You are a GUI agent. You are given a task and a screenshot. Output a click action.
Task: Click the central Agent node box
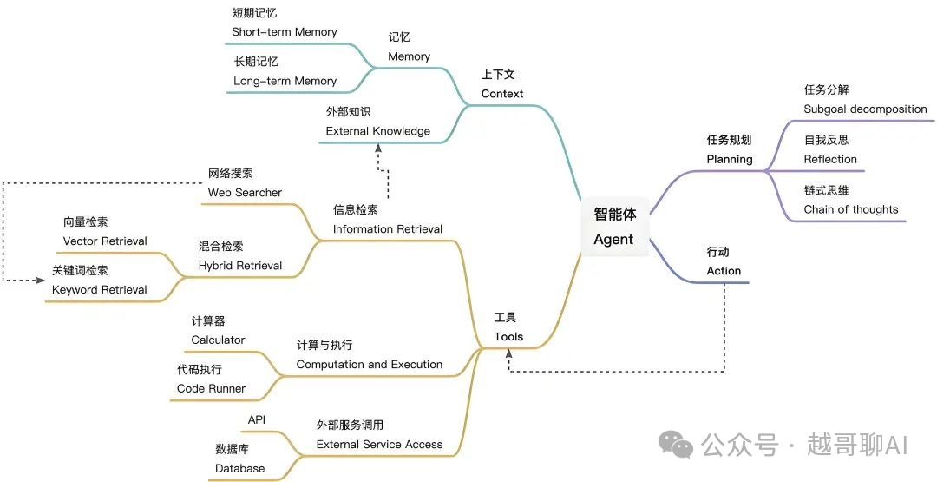coord(613,227)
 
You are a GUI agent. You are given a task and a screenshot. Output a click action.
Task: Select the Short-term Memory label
coord(284,32)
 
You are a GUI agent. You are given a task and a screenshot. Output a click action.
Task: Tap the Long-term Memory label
coord(285,81)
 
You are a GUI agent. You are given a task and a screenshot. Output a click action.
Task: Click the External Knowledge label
coord(377,131)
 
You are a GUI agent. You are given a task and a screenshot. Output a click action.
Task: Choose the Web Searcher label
coord(245,192)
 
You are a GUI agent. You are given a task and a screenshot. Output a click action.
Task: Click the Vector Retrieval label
coord(105,241)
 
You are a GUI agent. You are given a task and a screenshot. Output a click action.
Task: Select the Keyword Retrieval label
coord(99,289)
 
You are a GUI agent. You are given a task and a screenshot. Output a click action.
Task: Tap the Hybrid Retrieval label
coord(239,265)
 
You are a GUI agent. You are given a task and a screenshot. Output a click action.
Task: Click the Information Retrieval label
coord(387,229)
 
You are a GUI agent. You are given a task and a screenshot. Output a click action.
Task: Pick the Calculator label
coord(218,340)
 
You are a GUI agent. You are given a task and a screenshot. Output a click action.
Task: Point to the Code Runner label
coord(211,388)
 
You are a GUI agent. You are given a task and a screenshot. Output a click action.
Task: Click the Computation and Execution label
coord(369,364)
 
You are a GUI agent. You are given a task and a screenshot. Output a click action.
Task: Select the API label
coord(257,420)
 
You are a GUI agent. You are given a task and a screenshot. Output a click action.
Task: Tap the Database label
coord(239,468)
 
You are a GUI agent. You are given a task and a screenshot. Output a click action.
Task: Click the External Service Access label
coord(379,444)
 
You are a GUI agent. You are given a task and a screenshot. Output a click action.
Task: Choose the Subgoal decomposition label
coord(865,109)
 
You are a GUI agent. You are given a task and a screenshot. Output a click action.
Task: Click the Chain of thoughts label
coord(850,209)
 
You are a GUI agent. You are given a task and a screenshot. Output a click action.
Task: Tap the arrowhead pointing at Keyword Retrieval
coord(41,280)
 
